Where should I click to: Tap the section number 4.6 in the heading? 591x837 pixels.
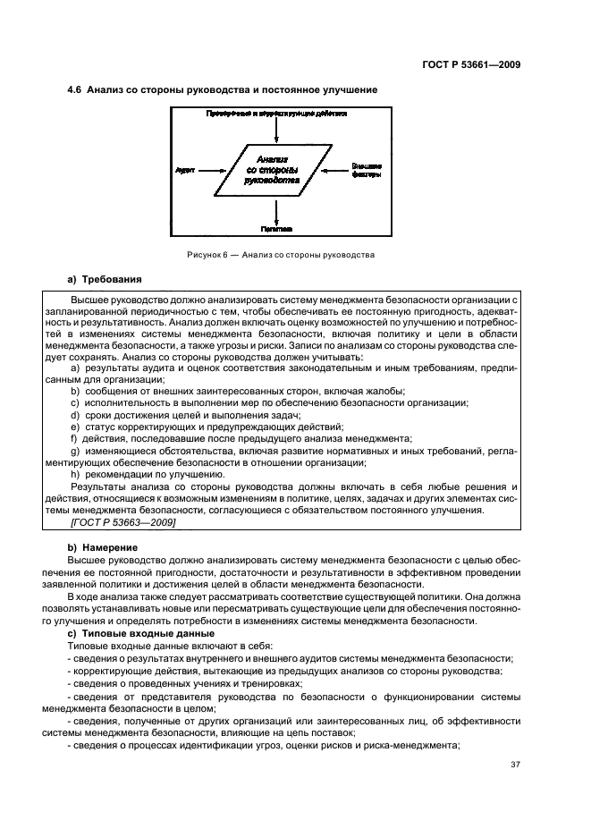[x=77, y=89]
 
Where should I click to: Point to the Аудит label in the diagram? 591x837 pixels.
[x=185, y=168]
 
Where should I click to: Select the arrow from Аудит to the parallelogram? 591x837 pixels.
[x=212, y=168]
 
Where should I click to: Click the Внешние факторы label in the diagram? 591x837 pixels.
[x=367, y=169]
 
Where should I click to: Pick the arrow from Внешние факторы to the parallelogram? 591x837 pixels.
[x=336, y=168]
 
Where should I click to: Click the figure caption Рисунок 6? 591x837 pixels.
[x=280, y=256]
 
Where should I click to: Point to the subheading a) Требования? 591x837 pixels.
[x=104, y=279]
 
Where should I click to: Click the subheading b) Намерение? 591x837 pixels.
[x=103, y=545]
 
